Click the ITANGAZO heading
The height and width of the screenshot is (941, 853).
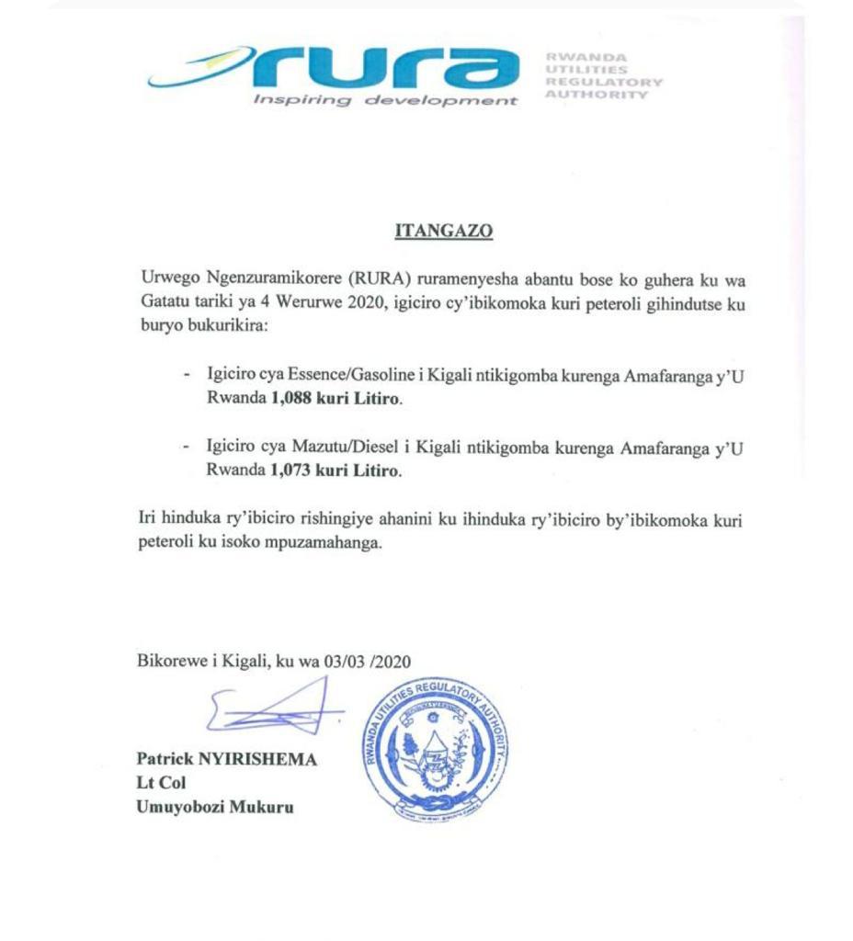pos(444,232)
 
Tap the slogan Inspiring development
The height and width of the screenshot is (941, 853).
pos(384,100)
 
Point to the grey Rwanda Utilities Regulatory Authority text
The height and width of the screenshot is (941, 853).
pos(603,75)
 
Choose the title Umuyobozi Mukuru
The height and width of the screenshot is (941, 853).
pos(216,809)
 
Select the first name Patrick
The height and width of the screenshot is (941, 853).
pos(165,760)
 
